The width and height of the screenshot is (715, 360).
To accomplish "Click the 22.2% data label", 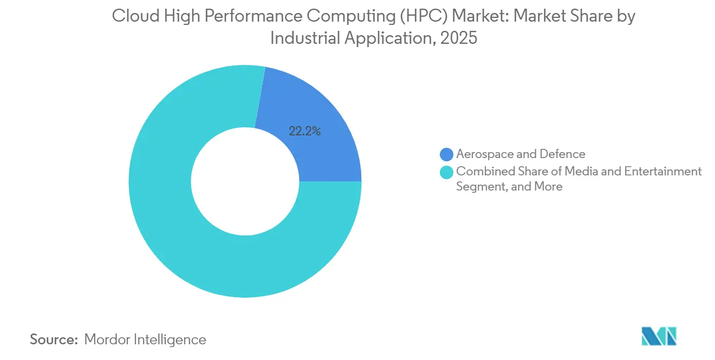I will (x=304, y=131).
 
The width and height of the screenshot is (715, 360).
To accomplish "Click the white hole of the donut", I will (x=245, y=181).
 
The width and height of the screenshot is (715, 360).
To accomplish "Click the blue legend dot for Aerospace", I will (x=447, y=155).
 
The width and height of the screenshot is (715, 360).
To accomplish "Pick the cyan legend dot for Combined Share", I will (x=447, y=172).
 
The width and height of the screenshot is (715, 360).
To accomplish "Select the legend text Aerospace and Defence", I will (x=520, y=154).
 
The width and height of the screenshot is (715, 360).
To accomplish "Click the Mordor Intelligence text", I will (x=145, y=339).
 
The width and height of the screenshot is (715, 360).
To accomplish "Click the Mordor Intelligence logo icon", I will (x=659, y=336).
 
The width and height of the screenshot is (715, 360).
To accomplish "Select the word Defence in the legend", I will (x=563, y=154).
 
